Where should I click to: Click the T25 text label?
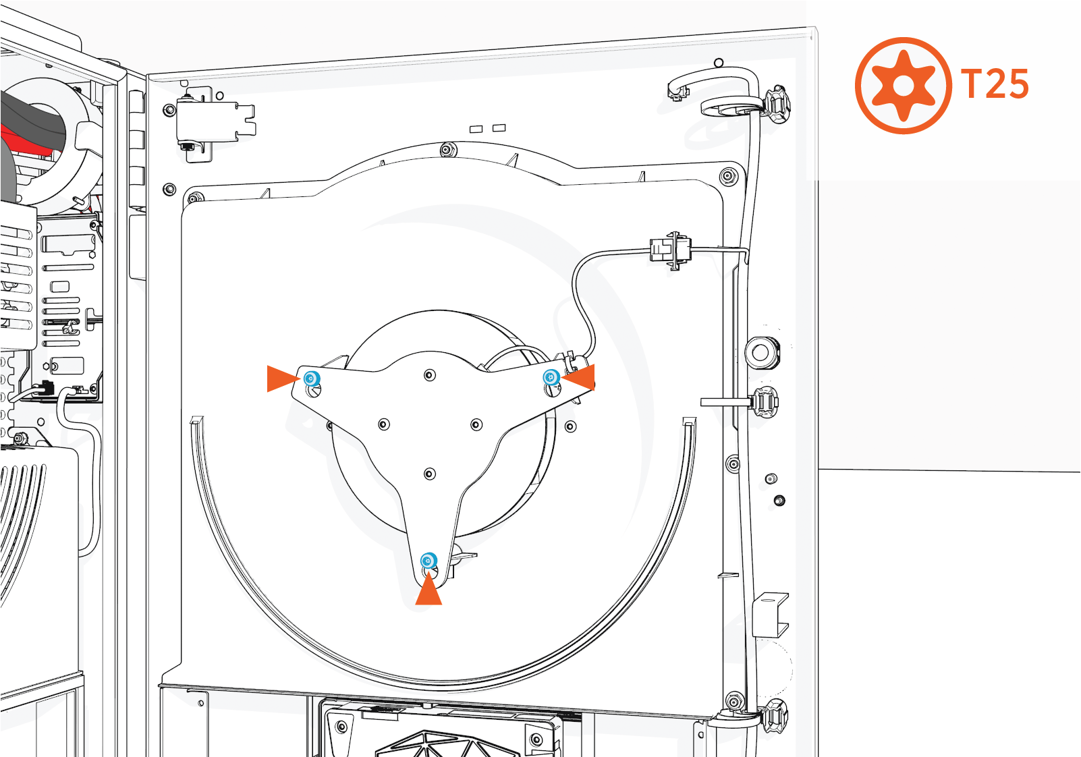(995, 84)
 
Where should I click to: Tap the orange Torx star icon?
(904, 86)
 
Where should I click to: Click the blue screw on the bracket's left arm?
(311, 378)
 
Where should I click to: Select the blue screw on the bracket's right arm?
(551, 377)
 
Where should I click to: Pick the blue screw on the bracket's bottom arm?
(428, 561)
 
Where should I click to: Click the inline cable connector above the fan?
(669, 250)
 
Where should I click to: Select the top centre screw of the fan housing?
(447, 150)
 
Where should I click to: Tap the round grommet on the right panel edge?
(761, 352)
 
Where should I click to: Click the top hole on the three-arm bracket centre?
(430, 375)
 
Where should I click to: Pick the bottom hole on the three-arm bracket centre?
(430, 474)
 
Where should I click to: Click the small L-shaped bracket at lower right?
(771, 613)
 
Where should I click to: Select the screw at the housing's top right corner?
(728, 177)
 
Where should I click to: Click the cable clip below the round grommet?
(763, 402)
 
